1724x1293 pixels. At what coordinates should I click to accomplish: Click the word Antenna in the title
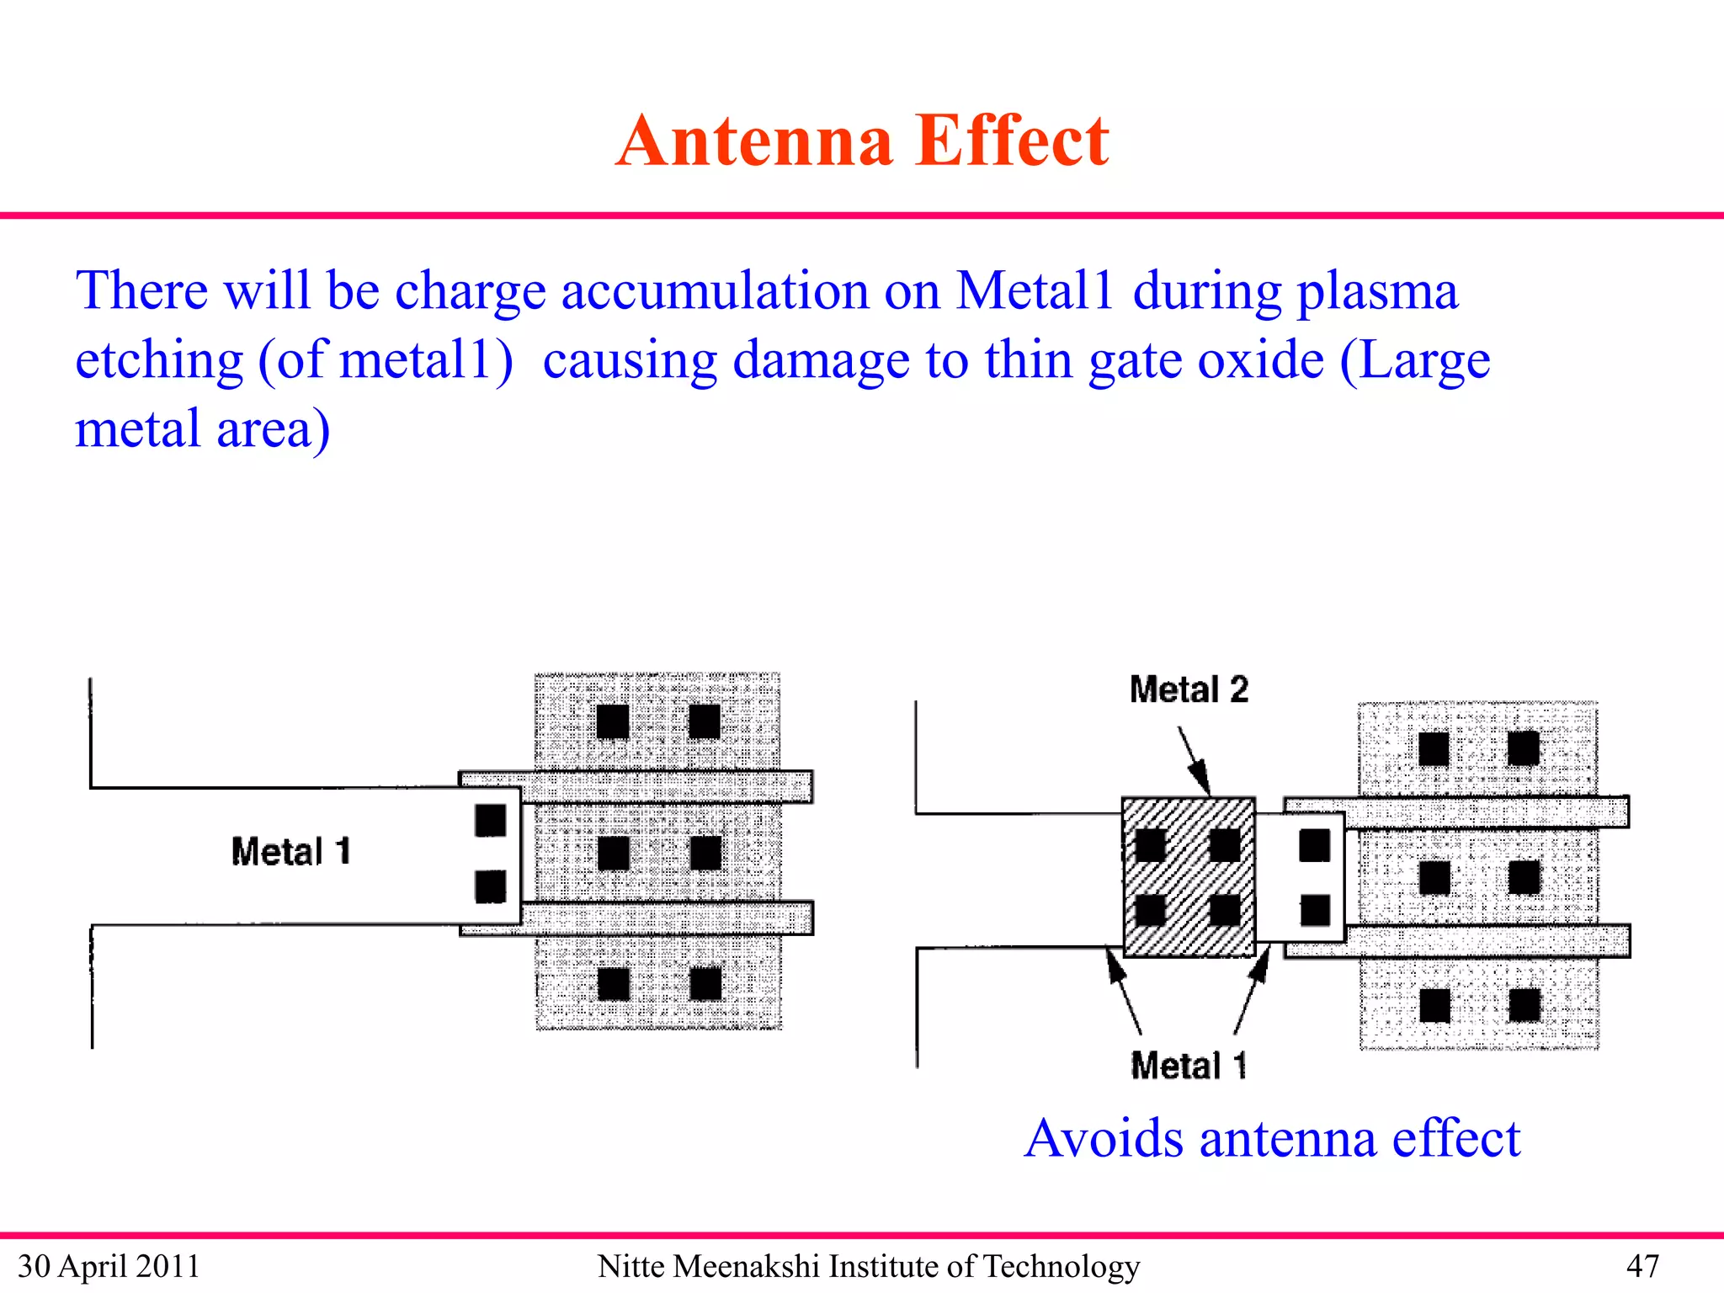point(753,141)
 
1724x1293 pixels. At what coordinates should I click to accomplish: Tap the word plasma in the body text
point(1377,292)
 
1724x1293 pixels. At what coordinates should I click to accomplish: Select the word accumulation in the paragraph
point(715,292)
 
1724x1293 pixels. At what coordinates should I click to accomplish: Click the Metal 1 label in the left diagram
point(290,852)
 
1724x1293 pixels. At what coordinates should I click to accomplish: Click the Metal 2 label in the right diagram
point(1189,689)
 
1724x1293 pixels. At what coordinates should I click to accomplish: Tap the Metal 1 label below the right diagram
point(1189,1066)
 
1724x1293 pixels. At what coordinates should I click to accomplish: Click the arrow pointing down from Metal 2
point(1195,760)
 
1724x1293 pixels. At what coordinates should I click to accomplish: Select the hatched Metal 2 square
point(1189,877)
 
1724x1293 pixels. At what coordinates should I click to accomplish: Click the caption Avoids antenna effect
point(1272,1138)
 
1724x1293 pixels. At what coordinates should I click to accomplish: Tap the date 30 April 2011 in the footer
point(109,1266)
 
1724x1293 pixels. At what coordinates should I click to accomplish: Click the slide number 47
point(1642,1266)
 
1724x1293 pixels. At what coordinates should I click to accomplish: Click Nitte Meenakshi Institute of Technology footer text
point(869,1266)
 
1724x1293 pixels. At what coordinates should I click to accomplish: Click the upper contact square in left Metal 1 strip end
point(491,821)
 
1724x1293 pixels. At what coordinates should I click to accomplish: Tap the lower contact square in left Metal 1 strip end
point(491,886)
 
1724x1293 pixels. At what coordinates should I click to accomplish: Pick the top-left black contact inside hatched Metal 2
point(1151,845)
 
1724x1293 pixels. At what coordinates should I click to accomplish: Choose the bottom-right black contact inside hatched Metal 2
point(1225,910)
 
